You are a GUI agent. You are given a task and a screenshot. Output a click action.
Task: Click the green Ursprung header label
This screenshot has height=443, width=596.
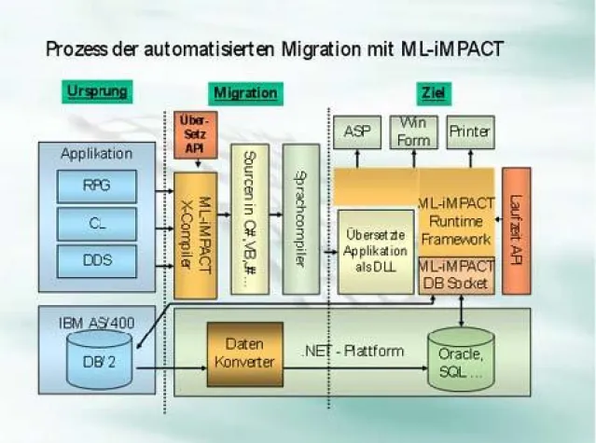pyautogui.click(x=97, y=91)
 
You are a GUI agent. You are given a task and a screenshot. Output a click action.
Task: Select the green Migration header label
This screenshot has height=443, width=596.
pyautogui.click(x=245, y=92)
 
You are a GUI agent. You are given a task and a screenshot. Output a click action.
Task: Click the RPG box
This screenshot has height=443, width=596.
pyautogui.click(x=96, y=186)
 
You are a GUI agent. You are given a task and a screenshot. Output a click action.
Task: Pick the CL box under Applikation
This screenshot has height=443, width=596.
pyautogui.click(x=96, y=223)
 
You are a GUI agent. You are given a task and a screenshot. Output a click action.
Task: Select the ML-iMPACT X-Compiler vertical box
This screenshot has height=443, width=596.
pyautogui.click(x=195, y=233)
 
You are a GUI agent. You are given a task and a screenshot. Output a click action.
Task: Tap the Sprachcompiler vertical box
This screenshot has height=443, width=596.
pyautogui.click(x=299, y=220)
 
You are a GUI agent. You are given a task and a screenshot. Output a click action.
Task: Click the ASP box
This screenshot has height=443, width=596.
pyautogui.click(x=357, y=132)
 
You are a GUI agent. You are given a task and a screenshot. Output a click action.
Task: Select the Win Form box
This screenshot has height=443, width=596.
pyautogui.click(x=412, y=132)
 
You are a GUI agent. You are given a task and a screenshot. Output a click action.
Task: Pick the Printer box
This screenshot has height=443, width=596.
pyautogui.click(x=469, y=132)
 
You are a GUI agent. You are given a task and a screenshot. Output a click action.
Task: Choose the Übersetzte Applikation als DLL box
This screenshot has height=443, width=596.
pyautogui.click(x=375, y=251)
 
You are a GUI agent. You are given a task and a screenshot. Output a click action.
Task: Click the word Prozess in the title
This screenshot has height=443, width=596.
pyautogui.click(x=75, y=48)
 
